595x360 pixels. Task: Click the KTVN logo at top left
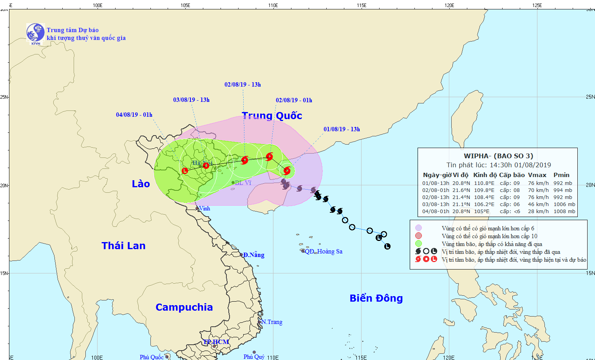(35, 33)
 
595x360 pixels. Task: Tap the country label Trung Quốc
(272, 116)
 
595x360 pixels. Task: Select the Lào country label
(141, 184)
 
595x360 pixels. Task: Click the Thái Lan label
(123, 246)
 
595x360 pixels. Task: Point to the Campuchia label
(184, 307)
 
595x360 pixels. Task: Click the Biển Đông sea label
(376, 298)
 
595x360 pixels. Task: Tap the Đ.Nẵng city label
(253, 255)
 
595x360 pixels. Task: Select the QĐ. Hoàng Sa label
(324, 251)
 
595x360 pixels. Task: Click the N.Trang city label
(272, 322)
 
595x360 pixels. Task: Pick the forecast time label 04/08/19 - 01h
(134, 115)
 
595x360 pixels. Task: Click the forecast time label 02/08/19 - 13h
(242, 85)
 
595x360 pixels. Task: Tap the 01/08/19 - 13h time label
(342, 129)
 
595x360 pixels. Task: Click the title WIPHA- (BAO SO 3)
(498, 156)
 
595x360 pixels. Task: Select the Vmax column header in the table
(537, 175)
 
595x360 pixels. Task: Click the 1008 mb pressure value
(564, 212)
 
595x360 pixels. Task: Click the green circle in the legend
(418, 244)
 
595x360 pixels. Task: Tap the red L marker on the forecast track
(185, 171)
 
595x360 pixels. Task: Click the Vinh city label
(204, 208)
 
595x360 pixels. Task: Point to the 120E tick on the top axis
(449, 5)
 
